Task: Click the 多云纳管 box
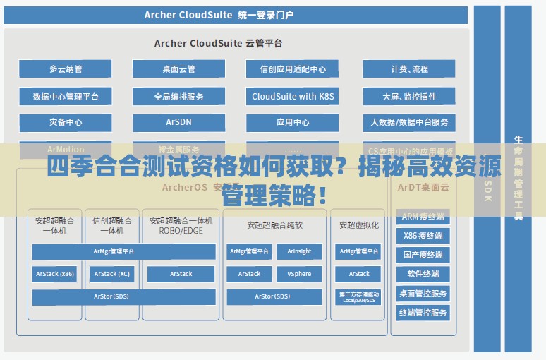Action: coord(66,69)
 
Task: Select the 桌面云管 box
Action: coord(178,69)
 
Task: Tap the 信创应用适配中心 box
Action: coord(293,69)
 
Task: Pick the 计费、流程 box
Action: coord(409,69)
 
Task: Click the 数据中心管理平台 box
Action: coord(66,96)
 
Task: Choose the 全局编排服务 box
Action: coord(178,96)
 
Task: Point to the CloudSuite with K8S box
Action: coord(293,96)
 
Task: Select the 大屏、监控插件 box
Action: coord(409,96)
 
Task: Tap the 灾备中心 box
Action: coord(66,122)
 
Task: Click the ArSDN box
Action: coord(178,122)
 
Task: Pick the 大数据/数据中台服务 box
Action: coord(409,122)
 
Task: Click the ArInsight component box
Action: coord(299,251)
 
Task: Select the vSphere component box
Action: coord(299,274)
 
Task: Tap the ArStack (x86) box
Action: coord(55,274)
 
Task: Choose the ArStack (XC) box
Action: coord(112,274)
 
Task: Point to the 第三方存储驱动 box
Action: coord(359,297)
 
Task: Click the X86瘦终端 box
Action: coord(423,236)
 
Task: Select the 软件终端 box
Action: coord(423,274)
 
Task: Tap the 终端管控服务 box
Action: coord(423,312)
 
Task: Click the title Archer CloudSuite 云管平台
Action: coord(218,43)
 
